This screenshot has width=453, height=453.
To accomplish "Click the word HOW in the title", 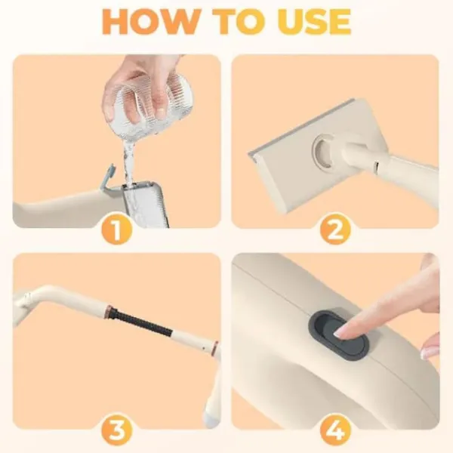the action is point(149,22).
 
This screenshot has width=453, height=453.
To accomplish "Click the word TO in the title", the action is point(235,22).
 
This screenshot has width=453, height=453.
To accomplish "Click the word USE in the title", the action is point(313,22).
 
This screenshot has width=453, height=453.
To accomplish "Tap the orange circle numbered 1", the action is point(117,230).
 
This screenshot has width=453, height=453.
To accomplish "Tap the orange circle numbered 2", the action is point(335,230).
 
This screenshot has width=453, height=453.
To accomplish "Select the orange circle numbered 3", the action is point(117,430).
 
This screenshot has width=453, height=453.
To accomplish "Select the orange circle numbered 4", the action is point(335,430).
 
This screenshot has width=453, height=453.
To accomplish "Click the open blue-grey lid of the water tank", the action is point(107,177).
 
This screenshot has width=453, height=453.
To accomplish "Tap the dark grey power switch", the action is point(338,335).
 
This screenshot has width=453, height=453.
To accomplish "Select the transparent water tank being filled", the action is point(146,204).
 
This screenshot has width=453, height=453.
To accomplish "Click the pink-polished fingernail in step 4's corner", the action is point(428,353).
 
